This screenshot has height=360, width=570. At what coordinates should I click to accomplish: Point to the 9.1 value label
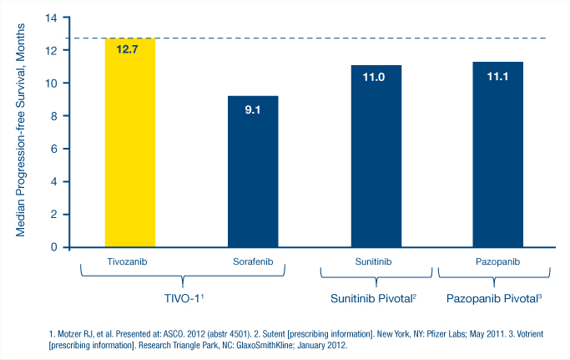click(253, 109)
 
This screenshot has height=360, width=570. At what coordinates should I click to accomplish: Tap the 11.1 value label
click(498, 76)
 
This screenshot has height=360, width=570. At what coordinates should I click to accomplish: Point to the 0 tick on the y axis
click(53, 247)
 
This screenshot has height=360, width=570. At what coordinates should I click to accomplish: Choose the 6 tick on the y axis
click(53, 149)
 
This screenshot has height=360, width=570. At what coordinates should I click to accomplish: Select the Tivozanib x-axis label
click(129, 261)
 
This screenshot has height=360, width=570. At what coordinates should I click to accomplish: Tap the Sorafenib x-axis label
click(253, 261)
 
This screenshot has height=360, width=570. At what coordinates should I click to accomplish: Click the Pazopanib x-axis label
click(498, 261)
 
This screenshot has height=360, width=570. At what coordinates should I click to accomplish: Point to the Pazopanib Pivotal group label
click(495, 297)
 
